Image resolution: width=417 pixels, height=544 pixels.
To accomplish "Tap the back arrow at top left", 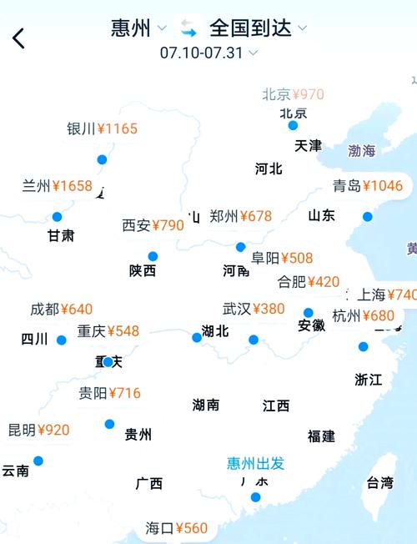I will pyautogui.click(x=18, y=38).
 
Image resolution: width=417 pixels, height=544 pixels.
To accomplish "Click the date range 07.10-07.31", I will pyautogui.click(x=202, y=52).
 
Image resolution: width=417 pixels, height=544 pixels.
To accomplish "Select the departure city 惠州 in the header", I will pyautogui.click(x=131, y=28).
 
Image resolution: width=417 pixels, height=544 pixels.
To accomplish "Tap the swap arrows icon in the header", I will pyautogui.click(x=188, y=28).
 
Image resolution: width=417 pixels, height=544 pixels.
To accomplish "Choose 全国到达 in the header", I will pyautogui.click(x=250, y=28).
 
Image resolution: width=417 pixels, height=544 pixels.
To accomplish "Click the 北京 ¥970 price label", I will pyautogui.click(x=293, y=94).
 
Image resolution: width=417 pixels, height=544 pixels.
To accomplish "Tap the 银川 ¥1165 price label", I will pyautogui.click(x=103, y=128).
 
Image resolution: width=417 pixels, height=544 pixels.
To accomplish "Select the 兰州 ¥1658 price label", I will pyautogui.click(x=57, y=186).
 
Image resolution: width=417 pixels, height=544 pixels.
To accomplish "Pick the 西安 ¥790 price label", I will pyautogui.click(x=153, y=225).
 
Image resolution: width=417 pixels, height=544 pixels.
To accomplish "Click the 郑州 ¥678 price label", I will pyautogui.click(x=241, y=216).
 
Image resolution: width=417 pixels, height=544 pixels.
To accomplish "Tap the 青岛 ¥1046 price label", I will pyautogui.click(x=367, y=186).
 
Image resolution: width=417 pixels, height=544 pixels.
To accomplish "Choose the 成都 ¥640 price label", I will pyautogui.click(x=61, y=310).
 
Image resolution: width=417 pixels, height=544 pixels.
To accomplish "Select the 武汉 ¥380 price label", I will pyautogui.click(x=254, y=309).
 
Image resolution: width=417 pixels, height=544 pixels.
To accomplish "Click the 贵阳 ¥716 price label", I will pyautogui.click(x=109, y=393).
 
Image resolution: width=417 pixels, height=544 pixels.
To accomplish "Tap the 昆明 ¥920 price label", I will pyautogui.click(x=38, y=431).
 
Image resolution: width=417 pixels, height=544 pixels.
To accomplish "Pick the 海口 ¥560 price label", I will pyautogui.click(x=176, y=528).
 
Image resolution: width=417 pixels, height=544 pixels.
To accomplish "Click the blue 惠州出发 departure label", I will pyautogui.click(x=256, y=463).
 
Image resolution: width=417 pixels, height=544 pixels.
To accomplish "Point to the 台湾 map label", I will pyautogui.click(x=379, y=482).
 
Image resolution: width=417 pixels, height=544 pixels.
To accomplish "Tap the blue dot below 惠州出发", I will pyautogui.click(x=255, y=497).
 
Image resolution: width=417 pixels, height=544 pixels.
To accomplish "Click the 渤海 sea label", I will pyautogui.click(x=362, y=151).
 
